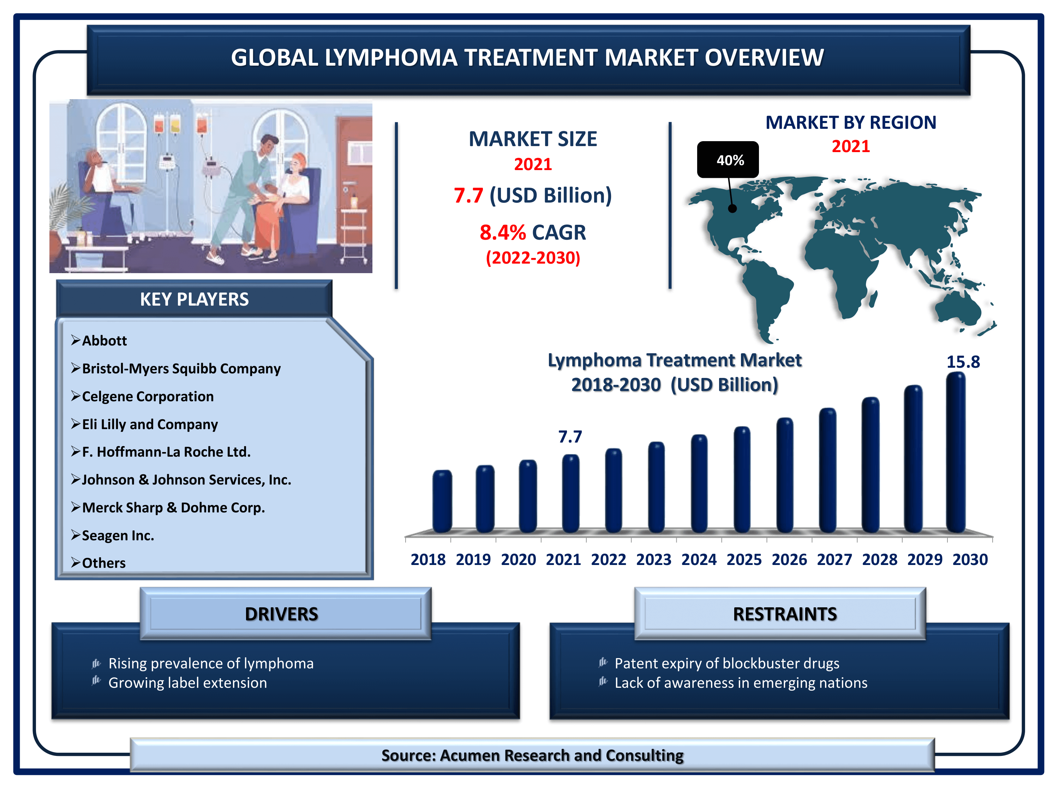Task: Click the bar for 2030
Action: (x=956, y=452)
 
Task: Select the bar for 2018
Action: (x=442, y=501)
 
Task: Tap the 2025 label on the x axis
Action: (x=743, y=559)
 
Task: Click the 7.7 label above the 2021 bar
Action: (x=570, y=437)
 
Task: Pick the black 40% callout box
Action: (x=728, y=160)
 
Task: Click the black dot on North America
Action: (x=732, y=208)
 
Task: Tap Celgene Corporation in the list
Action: (x=148, y=396)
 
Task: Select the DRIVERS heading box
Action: (x=285, y=614)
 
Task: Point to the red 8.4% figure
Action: (x=503, y=233)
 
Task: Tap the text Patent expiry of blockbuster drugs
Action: (x=727, y=663)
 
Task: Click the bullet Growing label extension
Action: (x=188, y=683)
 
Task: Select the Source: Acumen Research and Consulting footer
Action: (x=532, y=755)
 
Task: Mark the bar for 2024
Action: (x=699, y=483)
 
